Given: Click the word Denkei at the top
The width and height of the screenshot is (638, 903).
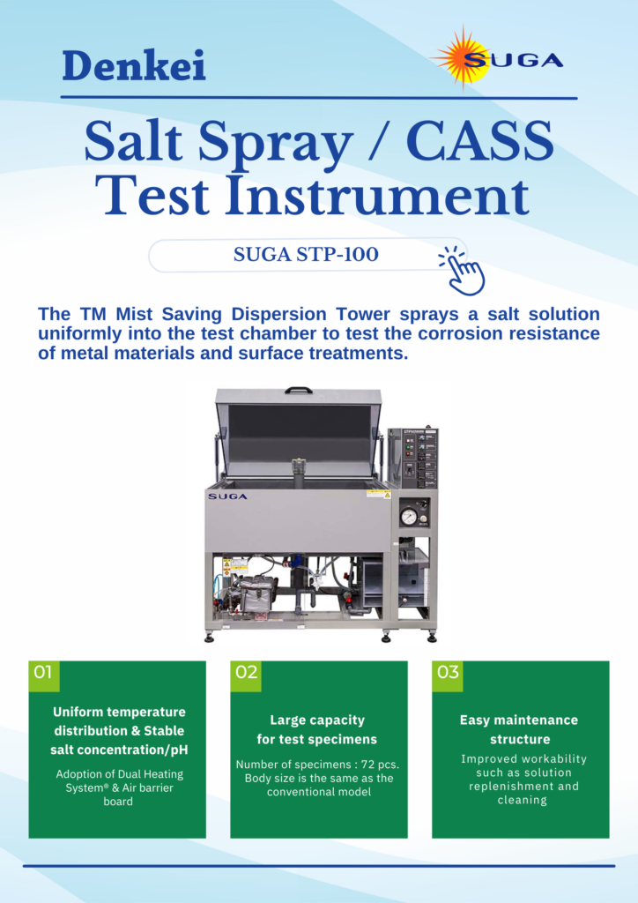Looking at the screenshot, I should click(134, 65).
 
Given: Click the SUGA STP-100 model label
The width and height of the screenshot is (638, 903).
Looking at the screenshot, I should click(306, 255).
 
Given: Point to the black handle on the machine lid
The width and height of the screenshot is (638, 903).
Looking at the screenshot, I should click(299, 388).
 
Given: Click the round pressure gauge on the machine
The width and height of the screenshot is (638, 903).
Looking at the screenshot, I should click(409, 518).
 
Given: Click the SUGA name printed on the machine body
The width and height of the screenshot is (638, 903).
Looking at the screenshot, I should click(227, 496).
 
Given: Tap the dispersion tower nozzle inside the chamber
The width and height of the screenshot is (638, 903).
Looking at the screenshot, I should click(298, 467).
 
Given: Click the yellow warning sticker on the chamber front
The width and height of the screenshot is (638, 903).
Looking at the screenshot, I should click(378, 494).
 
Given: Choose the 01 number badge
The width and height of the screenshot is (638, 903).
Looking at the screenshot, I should click(43, 672).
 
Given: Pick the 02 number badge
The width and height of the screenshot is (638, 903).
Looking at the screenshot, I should click(246, 672).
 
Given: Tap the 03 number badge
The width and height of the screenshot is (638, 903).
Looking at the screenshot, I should click(448, 672).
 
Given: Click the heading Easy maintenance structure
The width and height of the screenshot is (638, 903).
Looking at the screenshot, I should click(519, 729).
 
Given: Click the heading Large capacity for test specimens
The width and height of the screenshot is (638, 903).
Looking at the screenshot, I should click(316, 729).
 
